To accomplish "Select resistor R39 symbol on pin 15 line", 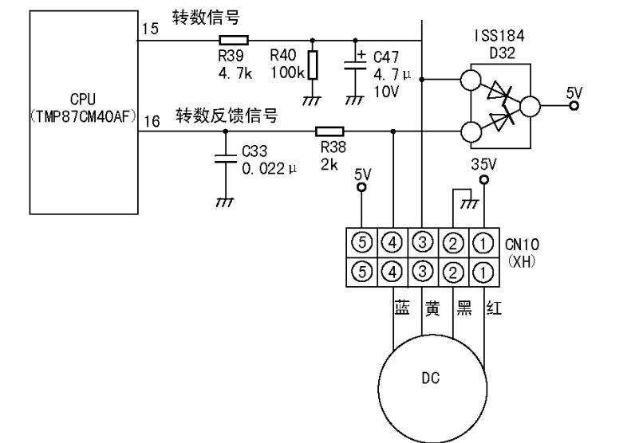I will click(234, 39).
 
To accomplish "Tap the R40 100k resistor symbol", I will click(312, 65).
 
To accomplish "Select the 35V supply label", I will click(483, 165).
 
